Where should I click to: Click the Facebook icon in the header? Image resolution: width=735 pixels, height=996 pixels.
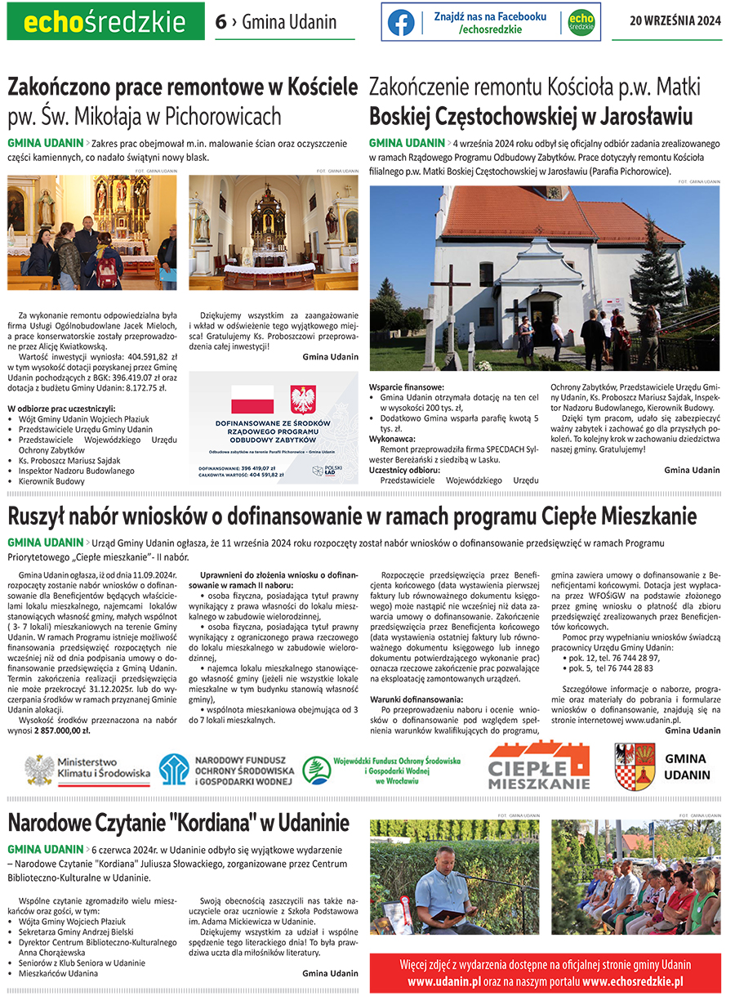(401, 22)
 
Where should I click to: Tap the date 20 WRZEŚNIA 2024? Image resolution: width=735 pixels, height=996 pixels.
(675, 22)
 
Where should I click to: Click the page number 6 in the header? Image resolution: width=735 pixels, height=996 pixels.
(220, 22)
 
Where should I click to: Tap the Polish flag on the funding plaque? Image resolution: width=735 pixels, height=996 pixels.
(253, 399)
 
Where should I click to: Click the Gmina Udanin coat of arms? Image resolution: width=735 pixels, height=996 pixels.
(635, 766)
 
